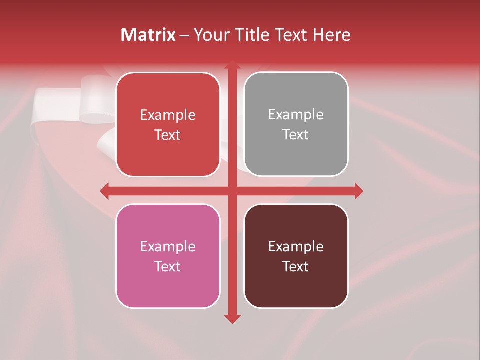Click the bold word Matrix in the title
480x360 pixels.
coord(148,35)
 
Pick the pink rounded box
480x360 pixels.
coord(168,285)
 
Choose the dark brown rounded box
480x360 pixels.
coord(296,285)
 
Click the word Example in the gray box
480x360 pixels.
coord(296,115)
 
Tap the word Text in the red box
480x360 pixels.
coord(168,135)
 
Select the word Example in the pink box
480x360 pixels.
coord(168,246)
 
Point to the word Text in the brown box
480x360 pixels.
coord(296,266)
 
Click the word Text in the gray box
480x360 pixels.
coord(296,135)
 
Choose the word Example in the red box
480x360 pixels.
coord(168,115)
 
